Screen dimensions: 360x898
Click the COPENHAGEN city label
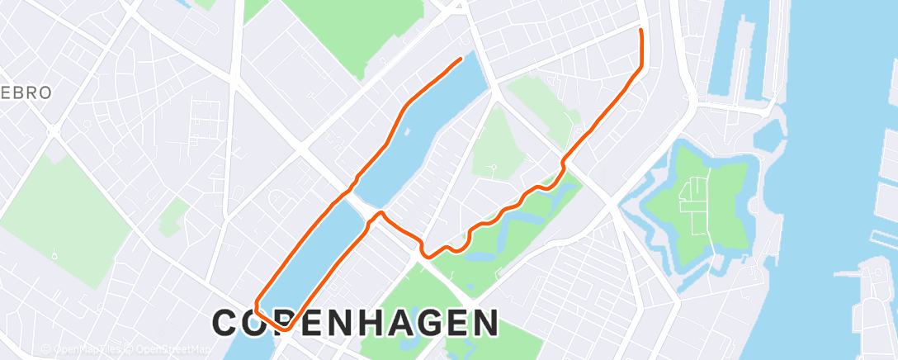tap(356, 323)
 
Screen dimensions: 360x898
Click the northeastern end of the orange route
tap(641, 30)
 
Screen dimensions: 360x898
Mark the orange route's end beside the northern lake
tap(461, 58)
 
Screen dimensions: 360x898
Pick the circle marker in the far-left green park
tap(54, 256)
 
